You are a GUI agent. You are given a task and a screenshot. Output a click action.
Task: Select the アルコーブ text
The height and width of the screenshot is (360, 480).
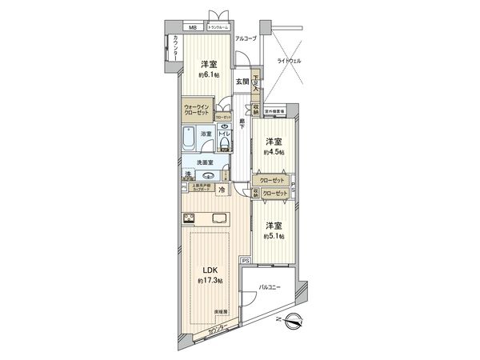[x=246, y=38]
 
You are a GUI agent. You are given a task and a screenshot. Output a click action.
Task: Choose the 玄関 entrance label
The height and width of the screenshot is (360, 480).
[x=242, y=81]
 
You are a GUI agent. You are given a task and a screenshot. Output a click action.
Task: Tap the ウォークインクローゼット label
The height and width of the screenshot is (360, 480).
[x=197, y=109]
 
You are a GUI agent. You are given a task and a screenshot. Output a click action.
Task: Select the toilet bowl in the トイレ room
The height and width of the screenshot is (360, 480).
[x=226, y=144]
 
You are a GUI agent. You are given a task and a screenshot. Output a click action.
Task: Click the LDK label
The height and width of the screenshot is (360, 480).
[x=206, y=269]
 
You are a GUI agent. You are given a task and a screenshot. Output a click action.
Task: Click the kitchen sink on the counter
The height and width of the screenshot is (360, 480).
[x=219, y=218]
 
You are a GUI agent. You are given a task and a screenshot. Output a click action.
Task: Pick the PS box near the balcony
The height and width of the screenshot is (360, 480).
[x=246, y=261]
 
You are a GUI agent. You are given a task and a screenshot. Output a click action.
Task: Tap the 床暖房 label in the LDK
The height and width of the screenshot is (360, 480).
[x=220, y=313]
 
